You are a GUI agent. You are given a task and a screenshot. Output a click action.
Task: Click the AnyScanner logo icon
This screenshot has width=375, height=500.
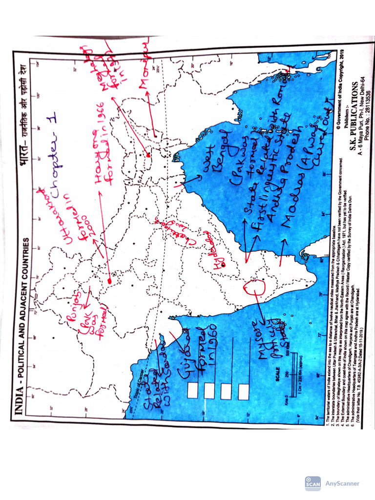312,483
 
